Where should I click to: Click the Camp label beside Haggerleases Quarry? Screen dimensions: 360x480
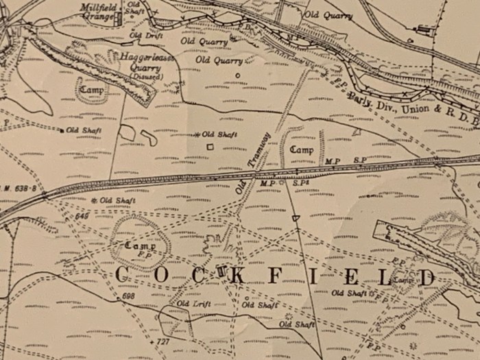[x=91, y=90]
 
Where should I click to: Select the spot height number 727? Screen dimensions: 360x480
[x=163, y=341]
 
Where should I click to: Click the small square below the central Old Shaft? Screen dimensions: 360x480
[x=210, y=146]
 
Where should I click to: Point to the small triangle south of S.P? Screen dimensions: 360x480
[x=296, y=218]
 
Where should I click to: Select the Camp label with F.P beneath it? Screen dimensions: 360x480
[x=140, y=245]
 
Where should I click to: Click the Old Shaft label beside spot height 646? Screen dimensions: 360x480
[x=117, y=200]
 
